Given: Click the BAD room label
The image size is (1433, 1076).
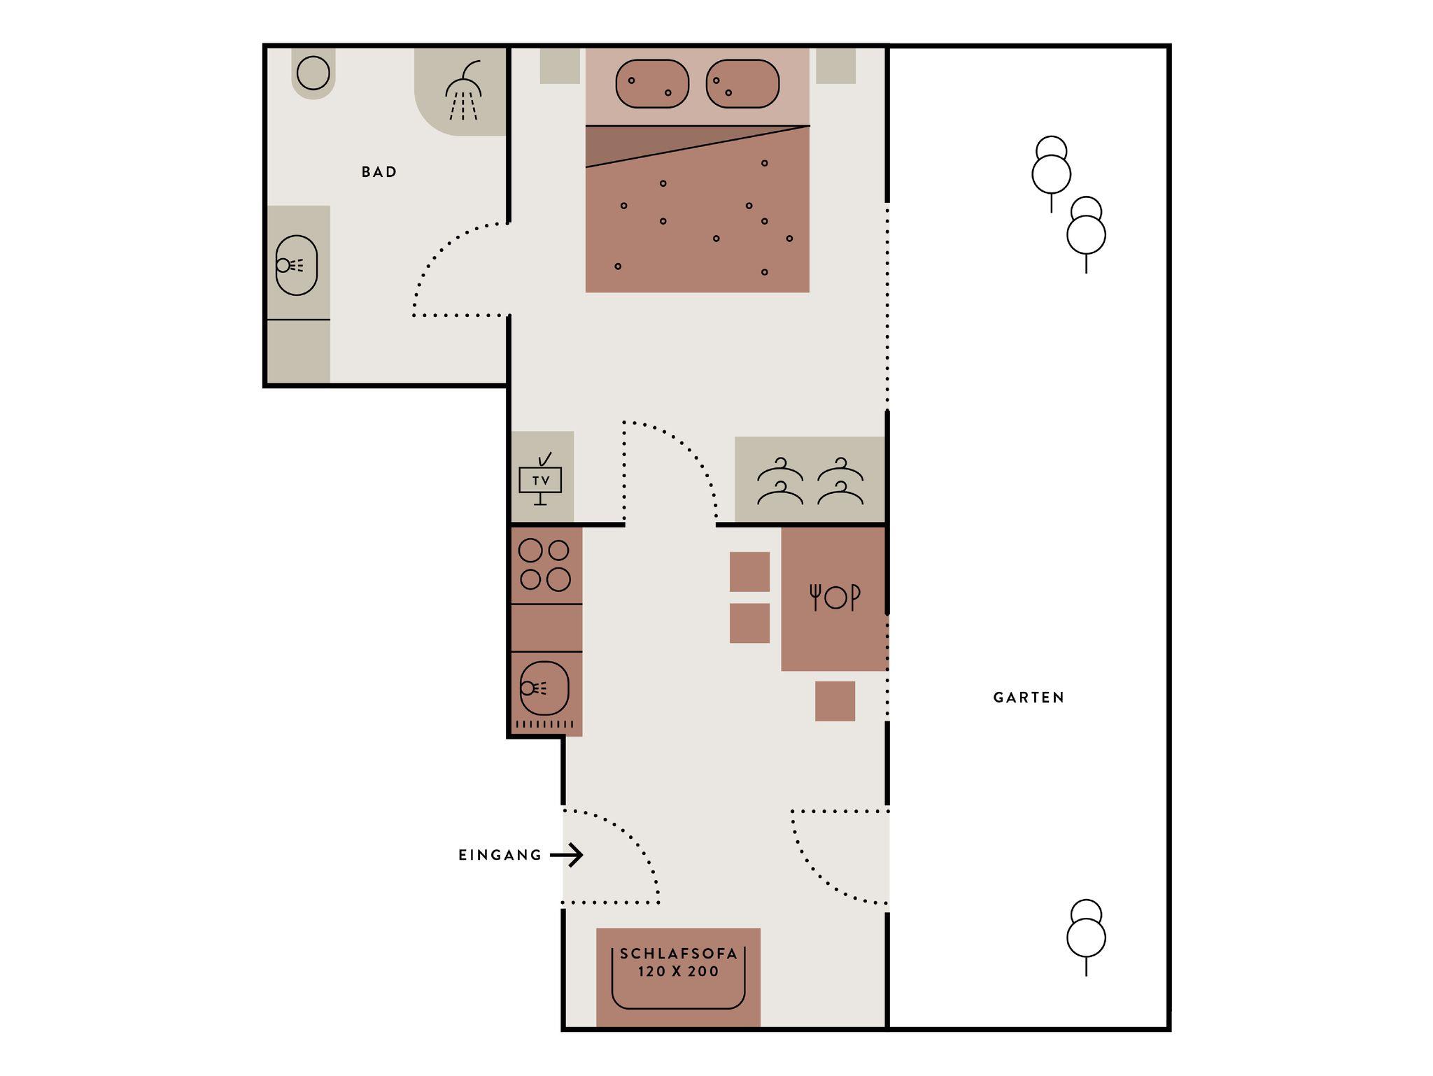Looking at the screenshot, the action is pos(379,172).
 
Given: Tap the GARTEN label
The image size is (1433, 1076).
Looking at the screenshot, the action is pos(1029,698).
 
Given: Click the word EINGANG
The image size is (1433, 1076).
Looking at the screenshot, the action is pos(500,855).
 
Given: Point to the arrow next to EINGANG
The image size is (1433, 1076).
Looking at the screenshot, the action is pos(567,855).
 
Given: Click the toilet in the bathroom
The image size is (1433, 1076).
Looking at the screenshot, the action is pos(313,73).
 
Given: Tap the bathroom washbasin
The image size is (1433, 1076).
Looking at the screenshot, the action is pos(297,265).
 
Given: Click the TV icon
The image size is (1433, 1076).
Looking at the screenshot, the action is pos(540,480).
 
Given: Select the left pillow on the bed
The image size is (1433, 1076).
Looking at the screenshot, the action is pos(652,84).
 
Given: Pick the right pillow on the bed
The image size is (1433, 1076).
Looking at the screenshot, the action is pos(742,84).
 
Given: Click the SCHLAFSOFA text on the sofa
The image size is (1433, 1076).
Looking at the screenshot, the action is pos(679,954).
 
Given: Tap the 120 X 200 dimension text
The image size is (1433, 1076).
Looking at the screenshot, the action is pos(679,971).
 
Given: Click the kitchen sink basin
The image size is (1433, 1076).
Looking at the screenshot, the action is pos(544,688).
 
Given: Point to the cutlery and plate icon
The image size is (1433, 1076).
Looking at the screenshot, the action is pos(835,597).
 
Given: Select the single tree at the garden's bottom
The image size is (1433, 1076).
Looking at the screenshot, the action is pos(1086,937).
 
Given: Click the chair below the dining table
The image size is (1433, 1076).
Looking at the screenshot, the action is pos(835,701).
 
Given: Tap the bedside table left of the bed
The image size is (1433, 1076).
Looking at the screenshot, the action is pos(560,66).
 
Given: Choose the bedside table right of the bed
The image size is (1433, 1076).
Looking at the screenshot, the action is pos(836,66).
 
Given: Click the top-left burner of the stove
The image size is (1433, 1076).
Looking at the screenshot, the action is pos(530,551).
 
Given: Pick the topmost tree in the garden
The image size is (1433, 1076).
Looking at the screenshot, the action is pos(1051,174).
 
